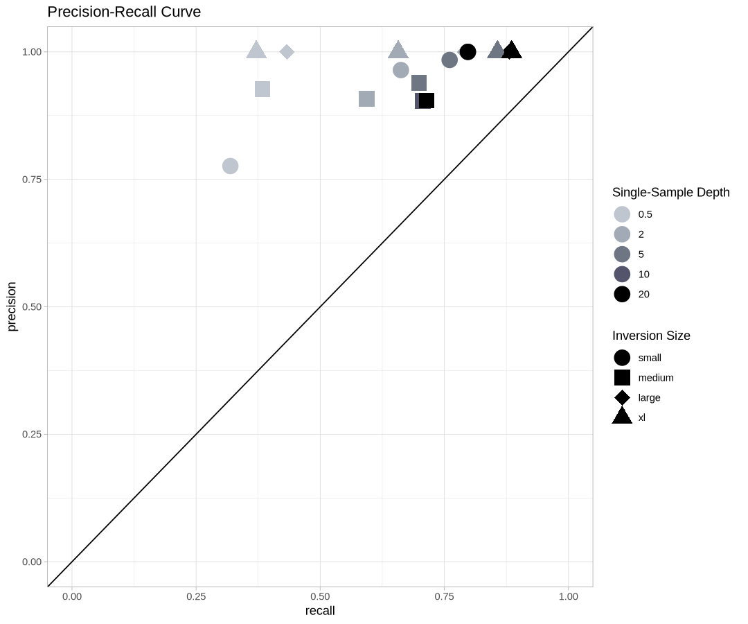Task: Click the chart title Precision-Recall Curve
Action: pos(124,12)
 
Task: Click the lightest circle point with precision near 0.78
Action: pos(231,166)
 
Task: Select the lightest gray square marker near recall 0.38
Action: pos(262,89)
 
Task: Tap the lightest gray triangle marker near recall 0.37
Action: pos(256,51)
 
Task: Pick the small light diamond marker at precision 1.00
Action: pos(287,52)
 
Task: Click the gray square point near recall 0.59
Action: pos(367,99)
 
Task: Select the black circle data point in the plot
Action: pos(468,52)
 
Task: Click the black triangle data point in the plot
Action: pos(511,51)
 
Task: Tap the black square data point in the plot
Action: pos(427,101)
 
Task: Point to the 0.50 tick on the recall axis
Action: pos(320,596)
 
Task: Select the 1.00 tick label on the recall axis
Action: pos(568,596)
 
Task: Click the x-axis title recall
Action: pos(320,611)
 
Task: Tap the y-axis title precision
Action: pos(12,306)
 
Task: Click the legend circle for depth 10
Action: pos(622,274)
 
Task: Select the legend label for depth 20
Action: pos(644,294)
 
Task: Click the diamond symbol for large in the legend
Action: pos(622,397)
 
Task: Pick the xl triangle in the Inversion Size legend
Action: pos(622,416)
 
